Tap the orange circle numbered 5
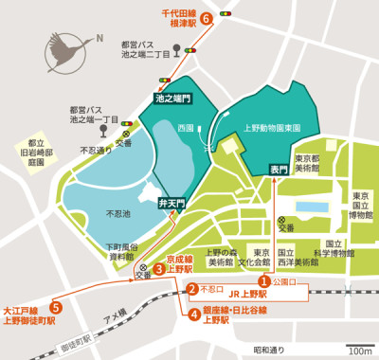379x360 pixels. pyautogui.click(x=57, y=307)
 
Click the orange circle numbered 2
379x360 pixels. pyautogui.click(x=191, y=290)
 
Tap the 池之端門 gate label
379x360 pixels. pyautogui.click(x=171, y=98)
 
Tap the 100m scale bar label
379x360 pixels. pyautogui.click(x=359, y=351)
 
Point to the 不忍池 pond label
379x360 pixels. pyautogui.click(x=121, y=213)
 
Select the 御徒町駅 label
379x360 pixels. pyautogui.click(x=75, y=335)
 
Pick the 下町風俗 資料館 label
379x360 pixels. pyautogui.click(x=121, y=251)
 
